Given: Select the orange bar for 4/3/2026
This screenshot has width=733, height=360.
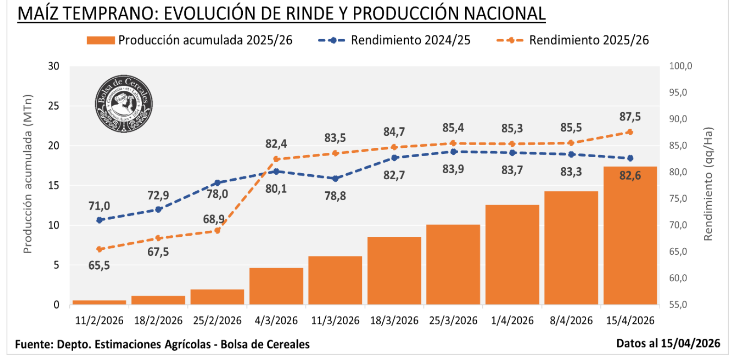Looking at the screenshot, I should pos(276,286).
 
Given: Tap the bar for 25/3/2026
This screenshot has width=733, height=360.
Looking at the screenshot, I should pos(453,265).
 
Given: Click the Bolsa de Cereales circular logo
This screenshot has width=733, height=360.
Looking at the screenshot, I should pos(124,104).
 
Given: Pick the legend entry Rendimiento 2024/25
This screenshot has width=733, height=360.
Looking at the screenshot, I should pos(394,40).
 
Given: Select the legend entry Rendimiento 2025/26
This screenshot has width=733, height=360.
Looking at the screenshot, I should pos(573,40).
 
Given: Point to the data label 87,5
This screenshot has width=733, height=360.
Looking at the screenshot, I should pos(630,117).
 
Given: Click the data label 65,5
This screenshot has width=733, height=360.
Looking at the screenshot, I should pos(99,265).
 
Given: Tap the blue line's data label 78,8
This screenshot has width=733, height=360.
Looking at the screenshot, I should pos(335,196).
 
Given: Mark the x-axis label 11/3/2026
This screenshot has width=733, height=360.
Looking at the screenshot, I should pos(335,321).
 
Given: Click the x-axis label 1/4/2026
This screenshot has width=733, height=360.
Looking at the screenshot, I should pos(512,321).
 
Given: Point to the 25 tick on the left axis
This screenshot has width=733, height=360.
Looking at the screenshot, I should pos(54,106).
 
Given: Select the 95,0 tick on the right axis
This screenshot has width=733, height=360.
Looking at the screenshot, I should pos(678,93).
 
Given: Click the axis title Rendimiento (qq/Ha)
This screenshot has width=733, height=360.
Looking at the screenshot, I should pos(708,184).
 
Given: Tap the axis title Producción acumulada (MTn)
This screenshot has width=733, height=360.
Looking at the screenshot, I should pos(28,174).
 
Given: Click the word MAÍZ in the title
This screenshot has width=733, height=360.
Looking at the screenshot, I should pos(38,13).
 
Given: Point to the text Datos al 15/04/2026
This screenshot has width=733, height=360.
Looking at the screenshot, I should pos(668,343).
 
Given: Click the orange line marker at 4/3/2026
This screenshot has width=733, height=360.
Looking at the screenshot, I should pos(276,159).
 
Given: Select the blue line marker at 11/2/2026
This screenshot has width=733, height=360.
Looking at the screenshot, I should pos(99,220).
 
